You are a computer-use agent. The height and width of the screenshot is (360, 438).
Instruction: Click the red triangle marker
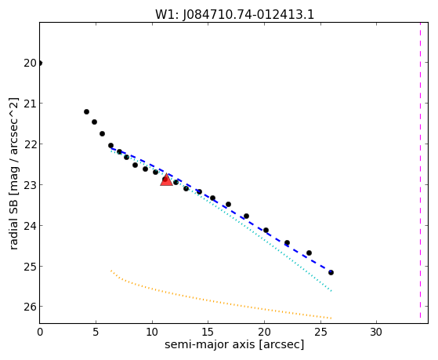(166, 180)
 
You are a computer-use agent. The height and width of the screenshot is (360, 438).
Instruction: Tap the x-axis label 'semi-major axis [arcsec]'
(234, 344)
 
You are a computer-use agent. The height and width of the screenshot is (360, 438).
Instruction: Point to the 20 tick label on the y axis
(31, 64)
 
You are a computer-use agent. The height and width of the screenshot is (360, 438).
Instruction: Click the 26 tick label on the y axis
(31, 307)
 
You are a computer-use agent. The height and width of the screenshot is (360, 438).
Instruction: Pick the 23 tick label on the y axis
(31, 185)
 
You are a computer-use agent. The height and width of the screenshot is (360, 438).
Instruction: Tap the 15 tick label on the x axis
(208, 332)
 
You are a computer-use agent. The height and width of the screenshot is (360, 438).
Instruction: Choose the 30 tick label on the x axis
(376, 332)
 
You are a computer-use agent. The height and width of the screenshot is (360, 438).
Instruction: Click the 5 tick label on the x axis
(96, 332)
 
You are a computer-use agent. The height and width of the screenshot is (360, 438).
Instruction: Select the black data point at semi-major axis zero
(40, 64)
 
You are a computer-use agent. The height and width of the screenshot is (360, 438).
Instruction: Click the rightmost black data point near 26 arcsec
(331, 272)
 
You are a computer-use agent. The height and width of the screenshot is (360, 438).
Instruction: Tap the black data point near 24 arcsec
(309, 253)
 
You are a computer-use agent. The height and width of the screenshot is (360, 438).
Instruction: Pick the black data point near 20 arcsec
(266, 231)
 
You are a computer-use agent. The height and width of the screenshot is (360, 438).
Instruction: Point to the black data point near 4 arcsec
(87, 112)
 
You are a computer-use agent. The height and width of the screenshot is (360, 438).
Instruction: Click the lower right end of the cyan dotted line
(331, 291)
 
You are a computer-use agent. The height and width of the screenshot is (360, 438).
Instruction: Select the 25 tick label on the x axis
(320, 332)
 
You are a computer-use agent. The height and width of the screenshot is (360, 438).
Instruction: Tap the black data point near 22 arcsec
(287, 242)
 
